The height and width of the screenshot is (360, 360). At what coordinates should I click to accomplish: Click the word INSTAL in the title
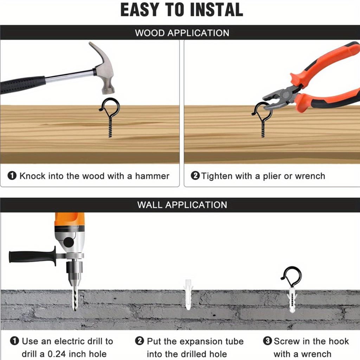(217, 9)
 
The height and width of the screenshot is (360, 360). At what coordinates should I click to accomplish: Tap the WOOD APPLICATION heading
(182, 33)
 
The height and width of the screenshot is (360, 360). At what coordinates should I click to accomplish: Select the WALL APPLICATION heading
(182, 205)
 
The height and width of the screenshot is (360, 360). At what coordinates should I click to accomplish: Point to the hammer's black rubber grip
(22, 84)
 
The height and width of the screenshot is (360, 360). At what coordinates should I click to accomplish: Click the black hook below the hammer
(110, 117)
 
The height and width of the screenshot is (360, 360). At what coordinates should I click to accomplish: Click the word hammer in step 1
(152, 176)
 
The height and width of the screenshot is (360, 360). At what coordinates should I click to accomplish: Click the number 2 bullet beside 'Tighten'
(195, 176)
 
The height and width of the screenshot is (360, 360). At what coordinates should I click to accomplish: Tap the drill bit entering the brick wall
(75, 298)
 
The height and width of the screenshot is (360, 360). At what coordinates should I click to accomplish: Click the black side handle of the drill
(32, 256)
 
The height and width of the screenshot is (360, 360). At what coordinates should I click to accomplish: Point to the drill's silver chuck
(74, 273)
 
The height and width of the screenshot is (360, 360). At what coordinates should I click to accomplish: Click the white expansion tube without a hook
(188, 294)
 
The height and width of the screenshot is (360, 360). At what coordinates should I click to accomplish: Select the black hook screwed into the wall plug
(291, 277)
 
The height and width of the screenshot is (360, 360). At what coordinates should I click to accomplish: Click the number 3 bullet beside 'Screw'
(267, 341)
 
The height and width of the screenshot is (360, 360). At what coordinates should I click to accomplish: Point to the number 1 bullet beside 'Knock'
(12, 176)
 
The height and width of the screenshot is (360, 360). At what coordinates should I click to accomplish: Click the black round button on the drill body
(69, 242)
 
